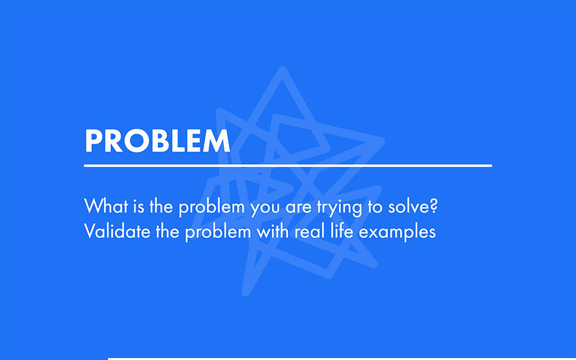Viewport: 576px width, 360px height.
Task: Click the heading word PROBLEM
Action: tap(157, 141)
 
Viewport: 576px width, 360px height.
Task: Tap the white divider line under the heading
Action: tap(288, 165)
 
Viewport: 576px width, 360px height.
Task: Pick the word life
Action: tap(340, 232)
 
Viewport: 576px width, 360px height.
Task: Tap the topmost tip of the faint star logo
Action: tap(282, 70)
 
